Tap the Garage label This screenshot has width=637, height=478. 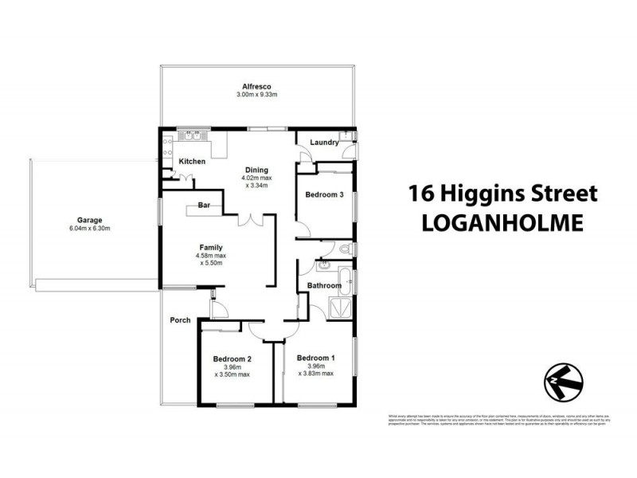(x=88, y=220)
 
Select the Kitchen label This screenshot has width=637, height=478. (x=192, y=162)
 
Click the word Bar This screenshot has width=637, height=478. (x=204, y=206)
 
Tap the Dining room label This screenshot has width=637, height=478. (x=256, y=170)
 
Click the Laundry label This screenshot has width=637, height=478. (x=324, y=143)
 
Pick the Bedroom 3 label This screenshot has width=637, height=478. (x=325, y=194)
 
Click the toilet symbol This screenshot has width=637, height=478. (x=345, y=250)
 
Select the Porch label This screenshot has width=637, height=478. (x=180, y=320)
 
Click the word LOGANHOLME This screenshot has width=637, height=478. (x=502, y=222)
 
